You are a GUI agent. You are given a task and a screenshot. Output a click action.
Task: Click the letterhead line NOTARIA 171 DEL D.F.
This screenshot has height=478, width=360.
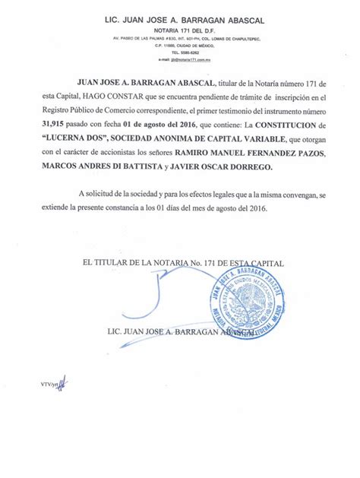(179, 27)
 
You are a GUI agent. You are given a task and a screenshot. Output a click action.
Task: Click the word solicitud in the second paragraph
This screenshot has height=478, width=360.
(103, 194)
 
